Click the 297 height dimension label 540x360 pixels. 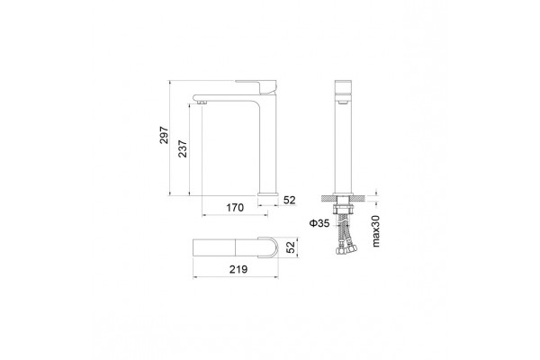pos(165,135)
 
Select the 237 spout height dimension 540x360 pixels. pos(183,148)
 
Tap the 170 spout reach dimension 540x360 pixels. pos(235,207)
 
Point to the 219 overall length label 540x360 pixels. pos(238,269)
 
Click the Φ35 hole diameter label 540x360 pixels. pos(319,223)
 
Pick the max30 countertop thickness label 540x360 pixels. pos(375,230)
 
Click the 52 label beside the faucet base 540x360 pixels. pos(289,200)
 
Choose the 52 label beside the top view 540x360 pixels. pos(292,247)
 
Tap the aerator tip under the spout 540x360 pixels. pos(202,102)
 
